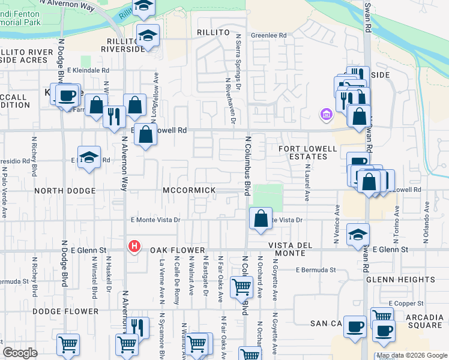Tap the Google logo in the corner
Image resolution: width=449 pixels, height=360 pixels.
(20, 353)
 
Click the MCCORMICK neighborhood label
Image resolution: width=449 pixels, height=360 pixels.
(189, 190)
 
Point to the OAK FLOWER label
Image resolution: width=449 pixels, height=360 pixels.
(179, 250)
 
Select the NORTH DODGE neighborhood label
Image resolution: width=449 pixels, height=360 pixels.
(65, 191)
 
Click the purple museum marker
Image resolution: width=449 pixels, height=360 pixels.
(326, 113)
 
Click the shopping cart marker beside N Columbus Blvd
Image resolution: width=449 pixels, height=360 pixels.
(241, 287)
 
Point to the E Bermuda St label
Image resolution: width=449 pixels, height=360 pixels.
(315, 270)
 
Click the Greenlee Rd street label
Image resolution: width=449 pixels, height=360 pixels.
(268, 35)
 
